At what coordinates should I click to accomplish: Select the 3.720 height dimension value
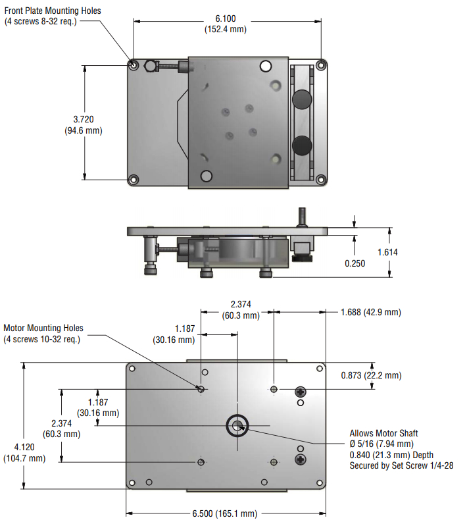pos(83,119)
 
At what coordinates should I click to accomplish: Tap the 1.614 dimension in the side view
pos(387,251)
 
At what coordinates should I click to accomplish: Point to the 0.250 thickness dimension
pos(355,263)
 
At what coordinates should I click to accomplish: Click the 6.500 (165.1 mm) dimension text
pos(224,513)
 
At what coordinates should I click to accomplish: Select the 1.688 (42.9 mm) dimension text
pos(370,312)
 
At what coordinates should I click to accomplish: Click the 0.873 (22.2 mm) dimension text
pos(371,375)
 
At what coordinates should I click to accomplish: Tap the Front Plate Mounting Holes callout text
pos(53,11)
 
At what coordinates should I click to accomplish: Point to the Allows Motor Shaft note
pos(383,433)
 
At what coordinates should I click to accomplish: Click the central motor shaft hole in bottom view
pos(237,425)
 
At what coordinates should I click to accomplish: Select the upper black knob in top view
pos(302,99)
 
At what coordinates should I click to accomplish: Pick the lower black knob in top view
pos(302,144)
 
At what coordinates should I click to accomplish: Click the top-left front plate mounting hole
pos(134,65)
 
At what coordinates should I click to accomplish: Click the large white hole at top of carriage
pos(266,66)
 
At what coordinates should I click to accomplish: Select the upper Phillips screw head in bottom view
pos(301,392)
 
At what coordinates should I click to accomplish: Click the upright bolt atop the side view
pos(301,215)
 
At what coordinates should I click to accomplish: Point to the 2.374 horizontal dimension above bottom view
pos(241,303)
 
